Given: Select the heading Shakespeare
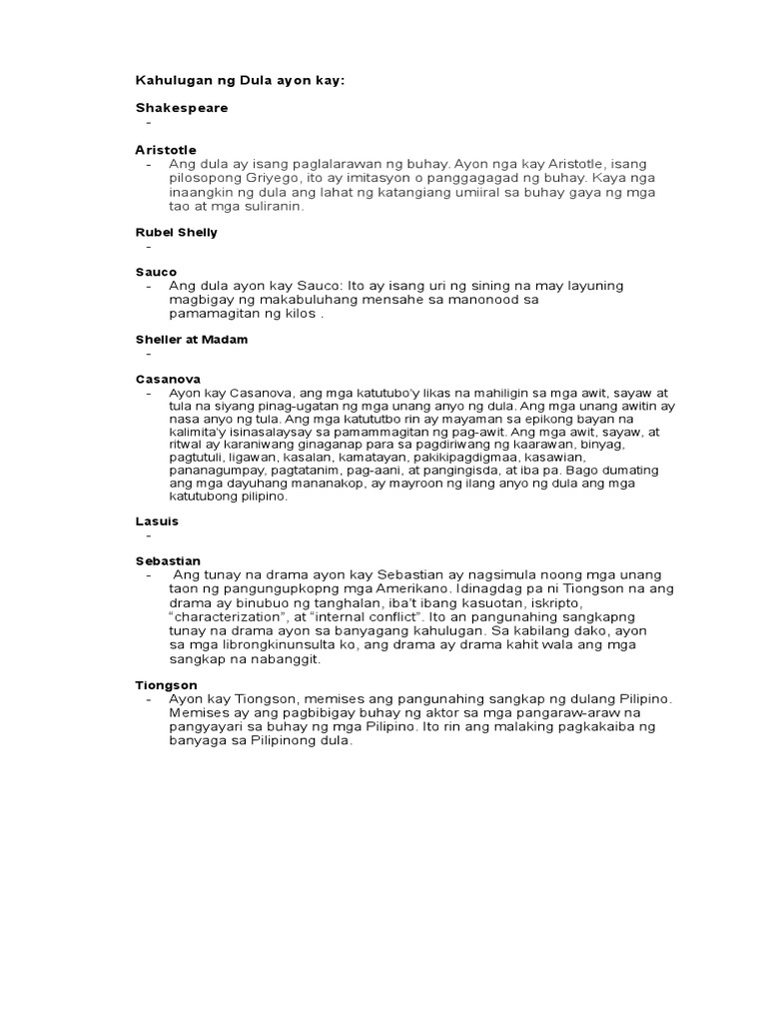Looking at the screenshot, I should [182, 108].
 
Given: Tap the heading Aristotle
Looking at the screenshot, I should [166, 149].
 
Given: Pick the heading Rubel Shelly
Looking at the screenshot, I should [177, 232].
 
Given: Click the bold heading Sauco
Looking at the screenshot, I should [156, 272].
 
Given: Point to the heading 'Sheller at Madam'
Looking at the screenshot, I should [192, 340].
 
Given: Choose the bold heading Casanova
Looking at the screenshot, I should [168, 380].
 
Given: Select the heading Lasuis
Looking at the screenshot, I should [157, 520].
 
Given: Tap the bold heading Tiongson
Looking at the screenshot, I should [166, 684].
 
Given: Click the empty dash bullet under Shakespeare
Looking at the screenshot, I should [148, 122].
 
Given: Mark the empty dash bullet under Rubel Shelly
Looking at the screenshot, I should [148, 246].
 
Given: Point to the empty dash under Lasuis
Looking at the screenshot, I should [148, 534].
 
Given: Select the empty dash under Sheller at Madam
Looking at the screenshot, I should [148, 354].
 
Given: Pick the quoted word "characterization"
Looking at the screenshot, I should [229, 617].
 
